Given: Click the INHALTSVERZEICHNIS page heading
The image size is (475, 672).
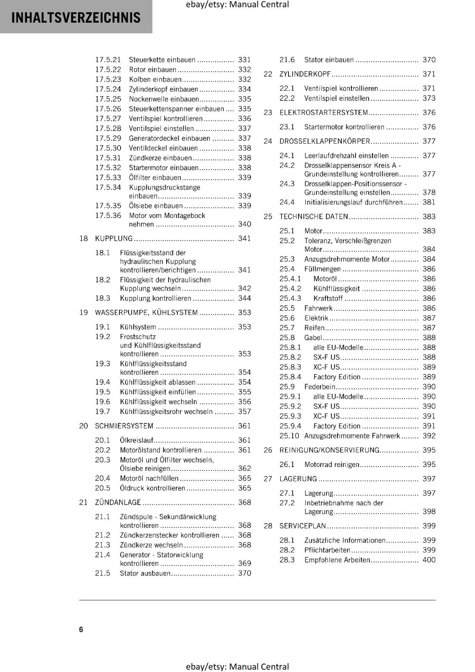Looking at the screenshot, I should point(76,18).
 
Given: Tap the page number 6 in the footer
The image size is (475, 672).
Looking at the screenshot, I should point(81,629).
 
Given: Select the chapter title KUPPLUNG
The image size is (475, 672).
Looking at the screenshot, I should point(114,239).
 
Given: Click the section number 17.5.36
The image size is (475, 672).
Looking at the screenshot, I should point(108,215).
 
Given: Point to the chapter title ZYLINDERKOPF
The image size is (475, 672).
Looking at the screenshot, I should point(305,74).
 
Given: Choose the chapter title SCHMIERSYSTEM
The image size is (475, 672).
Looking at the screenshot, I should point(124,426).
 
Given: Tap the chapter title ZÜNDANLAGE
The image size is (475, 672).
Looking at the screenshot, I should point(118,502).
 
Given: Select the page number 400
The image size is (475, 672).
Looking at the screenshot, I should point(429,559).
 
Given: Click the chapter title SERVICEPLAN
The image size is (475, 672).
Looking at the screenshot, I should point(303,526).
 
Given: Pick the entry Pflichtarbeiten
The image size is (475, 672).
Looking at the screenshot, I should point(327,550).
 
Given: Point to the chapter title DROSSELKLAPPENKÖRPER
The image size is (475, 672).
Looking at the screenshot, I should point(325,141).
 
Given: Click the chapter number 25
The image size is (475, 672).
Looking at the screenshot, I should point(268,217).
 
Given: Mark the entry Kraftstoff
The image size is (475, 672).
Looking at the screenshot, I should point(328,298).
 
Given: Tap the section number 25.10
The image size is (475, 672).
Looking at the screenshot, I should point(289,436).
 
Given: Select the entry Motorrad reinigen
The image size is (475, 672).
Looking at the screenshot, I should point(332,465).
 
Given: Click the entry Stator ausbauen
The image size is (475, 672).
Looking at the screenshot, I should point(145,573).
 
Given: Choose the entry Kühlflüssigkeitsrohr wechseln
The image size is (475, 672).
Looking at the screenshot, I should point(166,412).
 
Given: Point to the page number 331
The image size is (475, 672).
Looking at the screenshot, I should point(244,60).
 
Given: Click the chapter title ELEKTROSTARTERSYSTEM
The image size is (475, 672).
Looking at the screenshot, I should point(324,113).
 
